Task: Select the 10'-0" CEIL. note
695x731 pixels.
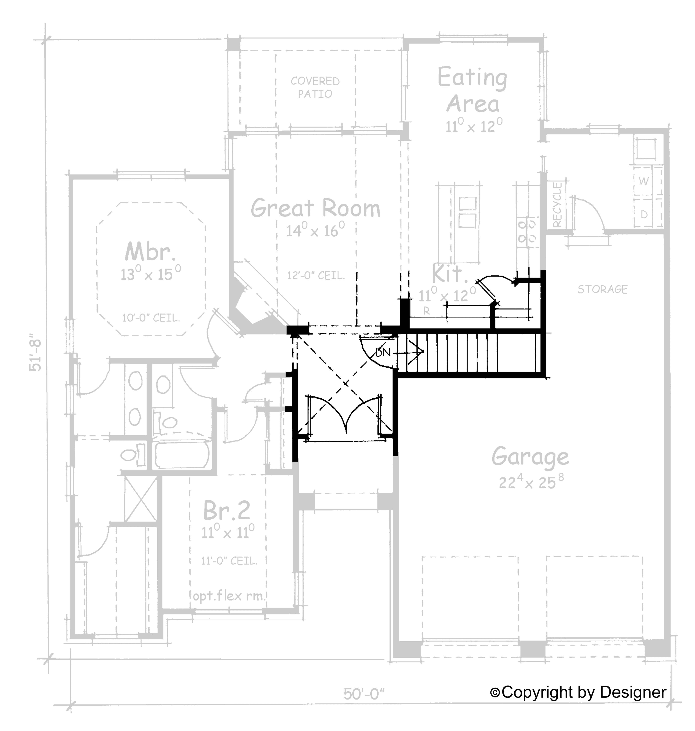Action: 151,318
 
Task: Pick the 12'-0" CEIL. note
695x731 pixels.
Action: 316,275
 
